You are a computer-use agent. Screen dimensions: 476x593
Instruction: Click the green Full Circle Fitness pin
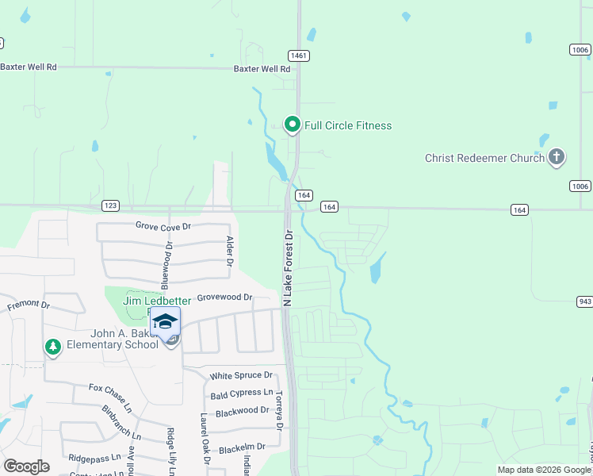(x=292, y=125)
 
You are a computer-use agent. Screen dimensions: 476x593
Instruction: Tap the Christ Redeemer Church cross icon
(x=557, y=157)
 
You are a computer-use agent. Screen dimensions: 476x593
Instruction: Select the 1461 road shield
(x=299, y=56)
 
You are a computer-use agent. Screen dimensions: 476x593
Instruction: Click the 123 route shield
(x=110, y=205)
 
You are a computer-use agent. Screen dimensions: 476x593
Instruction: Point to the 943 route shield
(x=584, y=301)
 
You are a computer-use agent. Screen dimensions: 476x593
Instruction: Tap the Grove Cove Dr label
(x=163, y=226)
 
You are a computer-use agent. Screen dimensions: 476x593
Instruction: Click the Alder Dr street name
(x=230, y=251)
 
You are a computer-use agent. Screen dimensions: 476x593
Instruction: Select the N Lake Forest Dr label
(x=289, y=268)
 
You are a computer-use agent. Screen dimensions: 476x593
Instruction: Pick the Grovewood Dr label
(x=224, y=297)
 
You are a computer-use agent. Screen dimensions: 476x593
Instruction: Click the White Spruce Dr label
(x=241, y=375)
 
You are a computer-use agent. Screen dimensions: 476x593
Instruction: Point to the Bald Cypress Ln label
(x=241, y=394)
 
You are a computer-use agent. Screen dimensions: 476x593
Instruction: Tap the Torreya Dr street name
(x=278, y=409)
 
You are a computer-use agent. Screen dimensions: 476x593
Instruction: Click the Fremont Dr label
(x=29, y=305)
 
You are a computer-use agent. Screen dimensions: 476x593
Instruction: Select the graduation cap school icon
(x=165, y=322)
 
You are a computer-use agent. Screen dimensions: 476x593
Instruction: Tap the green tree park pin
(x=53, y=347)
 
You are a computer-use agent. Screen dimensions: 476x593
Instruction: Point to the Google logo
(x=27, y=466)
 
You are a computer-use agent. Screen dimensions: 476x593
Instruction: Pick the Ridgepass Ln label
(x=94, y=458)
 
